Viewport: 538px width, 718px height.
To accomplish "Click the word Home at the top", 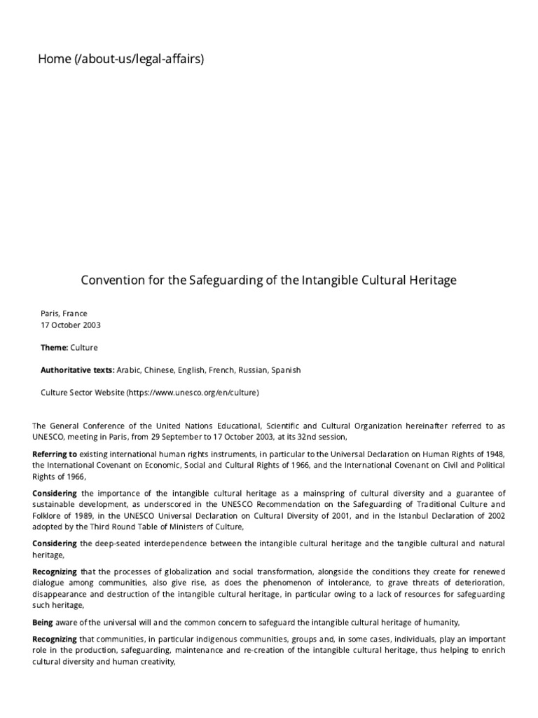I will pyautogui.click(x=53, y=60).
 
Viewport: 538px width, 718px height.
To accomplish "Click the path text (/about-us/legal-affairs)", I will pyautogui.click(x=138, y=60).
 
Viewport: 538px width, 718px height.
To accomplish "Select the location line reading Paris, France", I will pyautogui.click(x=64, y=313).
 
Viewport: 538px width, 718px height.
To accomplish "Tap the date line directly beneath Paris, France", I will pyautogui.click(x=71, y=325).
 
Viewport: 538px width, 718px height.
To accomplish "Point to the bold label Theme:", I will pyautogui.click(x=54, y=347).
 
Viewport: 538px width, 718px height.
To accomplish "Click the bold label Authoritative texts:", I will pyautogui.click(x=77, y=370).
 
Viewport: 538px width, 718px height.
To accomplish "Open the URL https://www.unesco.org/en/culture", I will pyautogui.click(x=193, y=393).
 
